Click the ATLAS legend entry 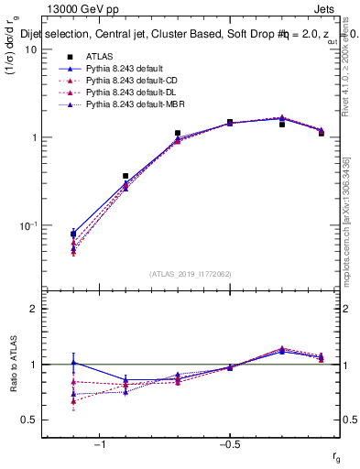click(x=101, y=57)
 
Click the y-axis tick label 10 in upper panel click(x=29, y=49)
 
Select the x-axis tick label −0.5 click(x=229, y=445)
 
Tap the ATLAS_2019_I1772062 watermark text click(x=191, y=273)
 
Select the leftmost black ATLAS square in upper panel click(x=73, y=234)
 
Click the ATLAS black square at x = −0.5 click(x=230, y=122)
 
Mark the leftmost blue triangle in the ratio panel click(x=73, y=363)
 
